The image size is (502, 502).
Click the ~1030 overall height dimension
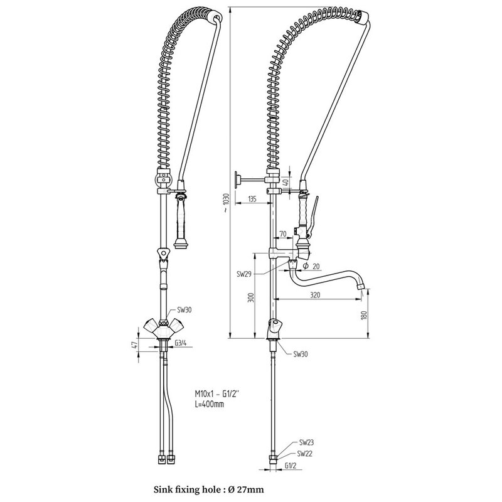click(x=226, y=203)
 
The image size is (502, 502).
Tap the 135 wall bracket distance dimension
click(x=252, y=199)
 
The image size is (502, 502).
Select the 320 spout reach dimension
click(x=316, y=295)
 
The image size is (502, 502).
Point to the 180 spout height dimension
click(x=363, y=315)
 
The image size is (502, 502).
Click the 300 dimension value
click(x=251, y=297)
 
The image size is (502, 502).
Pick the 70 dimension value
click(x=283, y=234)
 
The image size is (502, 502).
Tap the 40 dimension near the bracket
click(x=286, y=183)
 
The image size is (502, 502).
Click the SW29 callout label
click(x=244, y=274)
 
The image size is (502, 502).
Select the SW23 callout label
click(x=306, y=442)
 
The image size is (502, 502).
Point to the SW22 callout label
click(x=304, y=453)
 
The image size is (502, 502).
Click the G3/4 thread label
click(x=181, y=343)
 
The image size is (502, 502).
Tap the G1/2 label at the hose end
click(x=291, y=466)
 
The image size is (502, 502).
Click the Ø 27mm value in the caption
click(x=246, y=489)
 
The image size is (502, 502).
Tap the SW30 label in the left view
click(x=184, y=310)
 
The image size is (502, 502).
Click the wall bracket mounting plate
click(x=237, y=180)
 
